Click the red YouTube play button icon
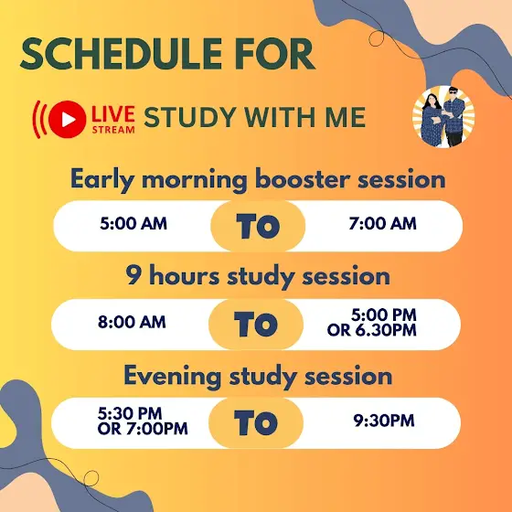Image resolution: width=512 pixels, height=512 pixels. coord(68,120)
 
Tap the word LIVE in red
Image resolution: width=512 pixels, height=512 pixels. coord(113,114)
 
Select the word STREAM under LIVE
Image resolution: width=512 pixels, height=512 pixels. coord(113,130)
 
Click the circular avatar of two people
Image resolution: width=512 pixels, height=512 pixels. coord(443,117)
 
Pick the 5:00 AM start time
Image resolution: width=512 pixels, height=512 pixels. coord(133,224)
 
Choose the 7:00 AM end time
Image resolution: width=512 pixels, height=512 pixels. coord(382,224)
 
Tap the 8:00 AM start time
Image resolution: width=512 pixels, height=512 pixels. coord(132,322)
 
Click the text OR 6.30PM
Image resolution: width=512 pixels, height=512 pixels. coord(371,330)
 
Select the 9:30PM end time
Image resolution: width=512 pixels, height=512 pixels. coord(384,421)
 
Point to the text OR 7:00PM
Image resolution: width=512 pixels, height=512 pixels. coord(143,429)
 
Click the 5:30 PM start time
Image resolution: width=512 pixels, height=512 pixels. coord(130,413)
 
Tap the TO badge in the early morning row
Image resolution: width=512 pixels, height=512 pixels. coord(258,226)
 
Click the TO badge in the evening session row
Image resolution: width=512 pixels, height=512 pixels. coord(256,422)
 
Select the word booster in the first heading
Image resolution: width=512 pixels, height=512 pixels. coord(303,179)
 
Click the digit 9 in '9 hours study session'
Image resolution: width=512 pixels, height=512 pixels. coord(133,275)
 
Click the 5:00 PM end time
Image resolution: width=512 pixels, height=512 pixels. coord(384,315)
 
